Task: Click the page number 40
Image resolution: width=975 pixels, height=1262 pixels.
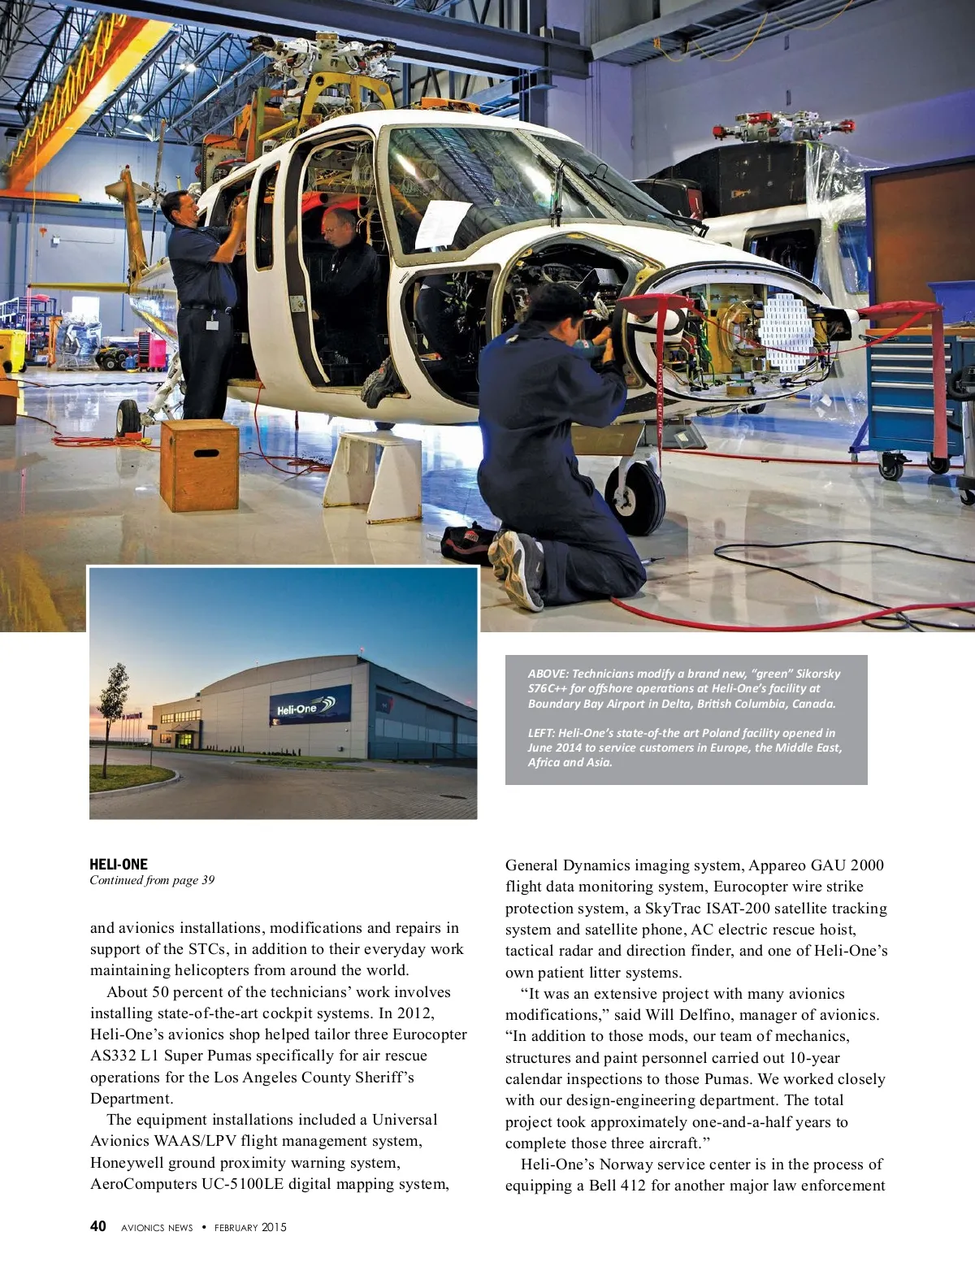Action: coord(97,1226)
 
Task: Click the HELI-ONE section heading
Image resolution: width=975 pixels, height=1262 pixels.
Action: coord(119,864)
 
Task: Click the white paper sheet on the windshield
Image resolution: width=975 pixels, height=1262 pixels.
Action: coord(442,223)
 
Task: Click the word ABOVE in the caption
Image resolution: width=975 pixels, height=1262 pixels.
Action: coord(547,674)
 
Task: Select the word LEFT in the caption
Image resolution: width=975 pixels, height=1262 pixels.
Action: coord(539,733)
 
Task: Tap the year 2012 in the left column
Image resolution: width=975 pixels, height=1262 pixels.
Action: coord(414,1013)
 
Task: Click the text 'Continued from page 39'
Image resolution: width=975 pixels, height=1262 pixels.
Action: coord(152,880)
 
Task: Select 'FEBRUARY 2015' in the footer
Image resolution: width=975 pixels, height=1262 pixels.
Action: coord(250,1227)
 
